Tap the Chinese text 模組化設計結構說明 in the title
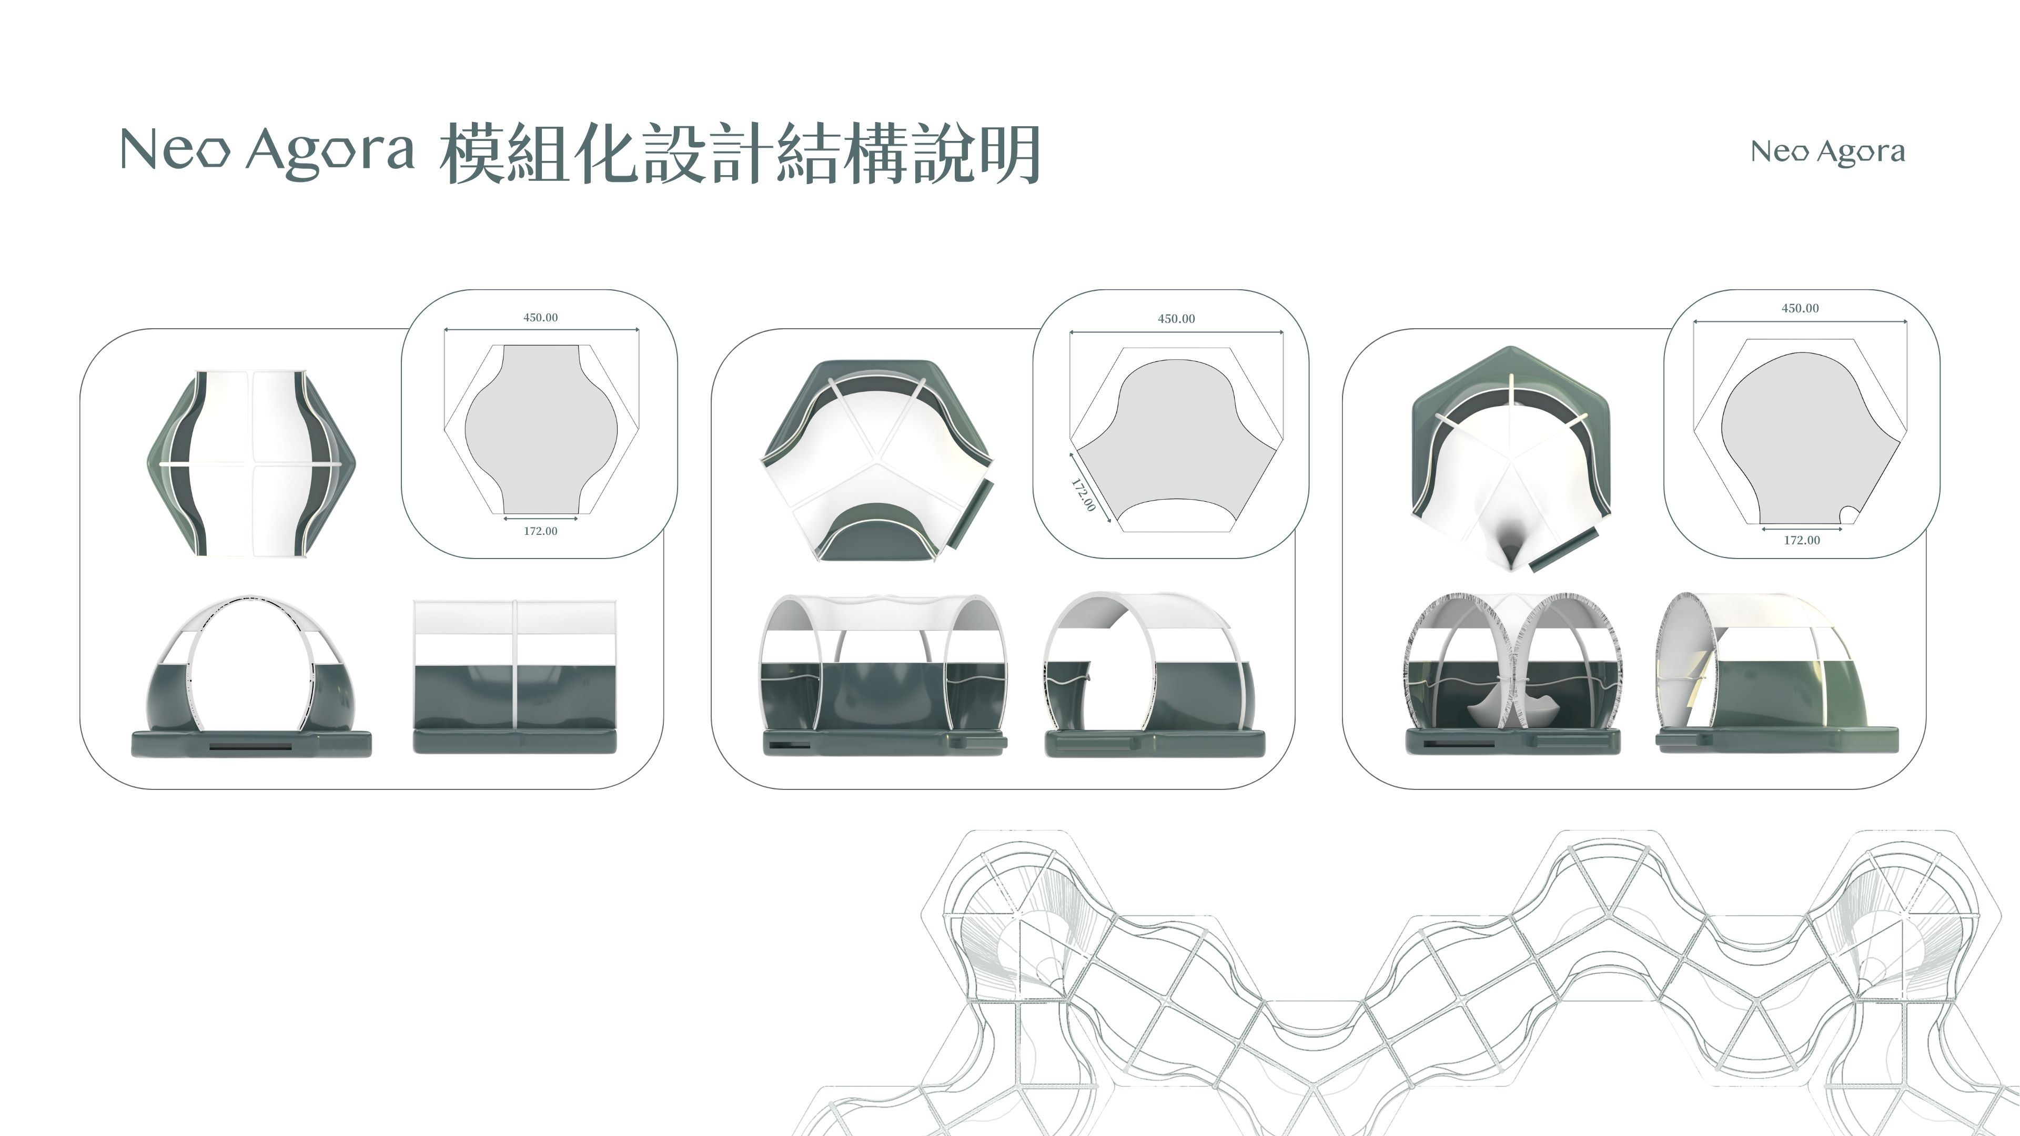click(x=740, y=154)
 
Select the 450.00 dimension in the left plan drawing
click(x=540, y=318)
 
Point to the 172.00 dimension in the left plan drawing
click(x=540, y=531)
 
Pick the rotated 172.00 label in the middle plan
click(x=1083, y=495)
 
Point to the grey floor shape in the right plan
click(x=1804, y=439)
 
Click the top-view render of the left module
click(x=251, y=464)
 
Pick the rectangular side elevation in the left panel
click(x=514, y=676)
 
